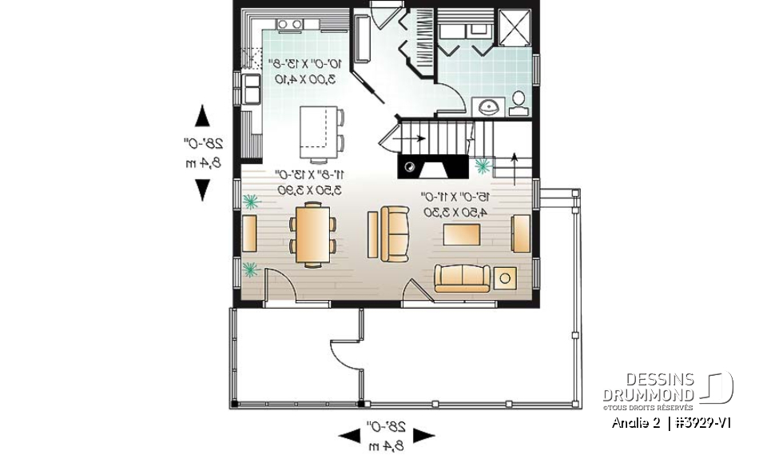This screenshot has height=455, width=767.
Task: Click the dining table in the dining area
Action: coord(312,233)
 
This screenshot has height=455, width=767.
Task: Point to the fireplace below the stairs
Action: coord(432,167)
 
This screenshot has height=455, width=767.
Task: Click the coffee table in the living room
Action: coord(463,233)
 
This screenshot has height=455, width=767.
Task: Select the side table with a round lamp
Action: coord(505,277)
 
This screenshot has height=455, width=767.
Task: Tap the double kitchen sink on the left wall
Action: coord(252,90)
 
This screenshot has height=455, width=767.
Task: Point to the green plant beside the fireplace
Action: coord(483,166)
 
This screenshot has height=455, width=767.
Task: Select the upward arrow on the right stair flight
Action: coord(512,161)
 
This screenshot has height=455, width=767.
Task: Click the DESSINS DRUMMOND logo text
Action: coord(648,387)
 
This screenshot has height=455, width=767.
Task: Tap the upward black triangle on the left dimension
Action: coord(203,117)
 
